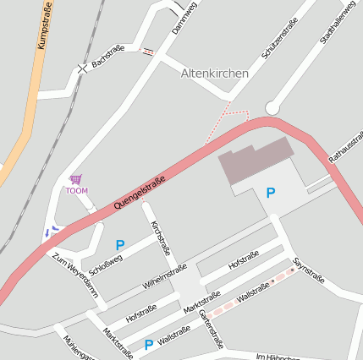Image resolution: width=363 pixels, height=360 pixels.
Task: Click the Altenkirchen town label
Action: click(x=215, y=74)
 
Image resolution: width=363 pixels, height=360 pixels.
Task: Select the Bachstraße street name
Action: click(x=107, y=56)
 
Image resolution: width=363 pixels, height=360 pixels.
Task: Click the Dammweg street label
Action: click(x=184, y=16)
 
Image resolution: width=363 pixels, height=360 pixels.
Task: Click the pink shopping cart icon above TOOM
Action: click(x=76, y=179)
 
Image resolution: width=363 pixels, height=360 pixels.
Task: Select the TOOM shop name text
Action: click(x=76, y=190)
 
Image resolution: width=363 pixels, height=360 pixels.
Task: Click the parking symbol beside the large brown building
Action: click(x=271, y=193)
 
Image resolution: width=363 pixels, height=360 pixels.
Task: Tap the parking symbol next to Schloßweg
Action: click(x=120, y=245)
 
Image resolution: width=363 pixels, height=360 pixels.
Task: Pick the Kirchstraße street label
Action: click(x=161, y=237)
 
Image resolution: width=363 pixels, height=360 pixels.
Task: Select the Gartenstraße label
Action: click(x=212, y=329)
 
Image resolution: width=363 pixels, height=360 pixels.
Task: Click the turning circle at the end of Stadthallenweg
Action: click(x=272, y=107)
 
